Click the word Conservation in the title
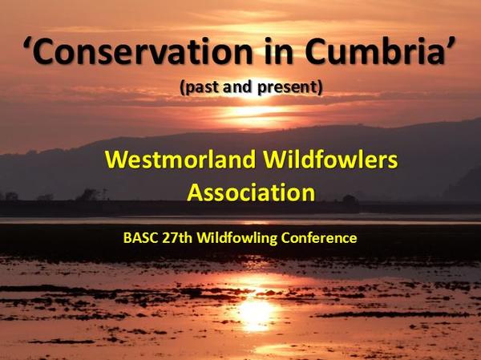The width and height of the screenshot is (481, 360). [x=145, y=51]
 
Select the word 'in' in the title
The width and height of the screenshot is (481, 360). [x=279, y=51]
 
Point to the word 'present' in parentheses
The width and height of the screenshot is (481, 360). [x=287, y=87]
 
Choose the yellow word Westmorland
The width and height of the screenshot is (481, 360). [x=180, y=160]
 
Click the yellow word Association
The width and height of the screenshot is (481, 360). [x=251, y=192]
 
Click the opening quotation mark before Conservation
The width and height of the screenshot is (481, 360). [x=29, y=43]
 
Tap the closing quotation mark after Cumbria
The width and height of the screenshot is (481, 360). [x=450, y=43]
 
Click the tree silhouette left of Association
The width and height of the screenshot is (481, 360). [x=89, y=195]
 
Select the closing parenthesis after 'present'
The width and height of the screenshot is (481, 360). [x=320, y=88]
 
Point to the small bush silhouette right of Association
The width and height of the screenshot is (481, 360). [x=349, y=199]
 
